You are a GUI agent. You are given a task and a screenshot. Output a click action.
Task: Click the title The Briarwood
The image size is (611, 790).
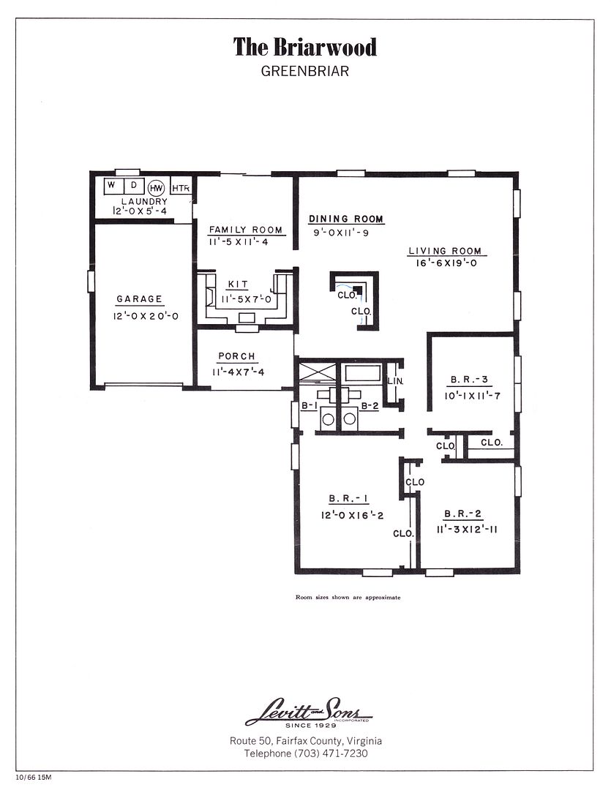[305, 48]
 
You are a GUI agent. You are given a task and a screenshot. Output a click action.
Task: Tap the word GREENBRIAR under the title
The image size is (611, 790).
[305, 71]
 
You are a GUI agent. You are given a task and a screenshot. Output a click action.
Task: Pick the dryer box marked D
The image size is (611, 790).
[134, 186]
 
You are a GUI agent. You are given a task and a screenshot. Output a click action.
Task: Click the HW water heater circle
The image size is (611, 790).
[157, 188]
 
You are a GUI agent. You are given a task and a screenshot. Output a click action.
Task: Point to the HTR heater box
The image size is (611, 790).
[181, 188]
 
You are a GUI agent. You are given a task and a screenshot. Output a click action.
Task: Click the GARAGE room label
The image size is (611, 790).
[140, 299]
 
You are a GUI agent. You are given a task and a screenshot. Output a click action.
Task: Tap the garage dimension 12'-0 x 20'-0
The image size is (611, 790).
[146, 317]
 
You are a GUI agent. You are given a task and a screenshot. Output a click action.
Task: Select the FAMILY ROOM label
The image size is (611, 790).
[246, 230]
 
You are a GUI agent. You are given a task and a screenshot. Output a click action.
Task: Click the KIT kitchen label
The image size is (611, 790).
[238, 285]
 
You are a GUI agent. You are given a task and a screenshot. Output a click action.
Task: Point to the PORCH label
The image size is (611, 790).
[237, 356]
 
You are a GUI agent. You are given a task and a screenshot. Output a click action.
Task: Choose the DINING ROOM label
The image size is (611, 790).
[346, 219]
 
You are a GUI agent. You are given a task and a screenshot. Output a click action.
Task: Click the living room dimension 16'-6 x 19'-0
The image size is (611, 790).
[446, 263]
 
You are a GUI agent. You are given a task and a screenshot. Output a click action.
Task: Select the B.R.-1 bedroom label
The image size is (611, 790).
[348, 499]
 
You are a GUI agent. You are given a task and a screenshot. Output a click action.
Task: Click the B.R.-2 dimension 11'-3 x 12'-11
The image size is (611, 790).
[467, 530]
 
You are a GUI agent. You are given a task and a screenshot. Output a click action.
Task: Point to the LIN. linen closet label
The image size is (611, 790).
[395, 381]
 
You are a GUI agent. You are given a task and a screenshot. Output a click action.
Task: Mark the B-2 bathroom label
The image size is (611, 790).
[370, 405]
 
